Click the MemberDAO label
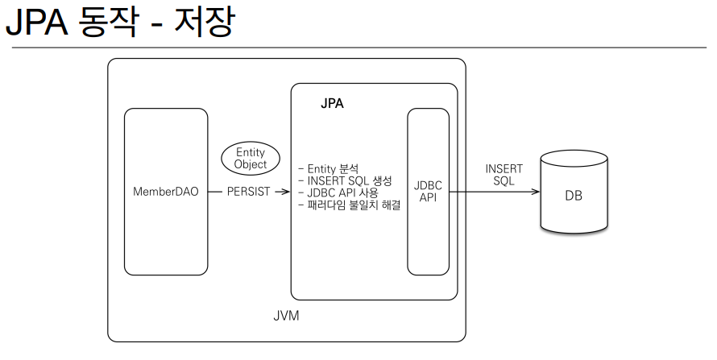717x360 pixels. click(165, 192)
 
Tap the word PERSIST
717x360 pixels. click(249, 192)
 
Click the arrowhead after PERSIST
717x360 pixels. click(286, 192)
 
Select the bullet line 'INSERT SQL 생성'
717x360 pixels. click(345, 181)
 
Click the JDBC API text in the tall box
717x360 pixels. click(428, 191)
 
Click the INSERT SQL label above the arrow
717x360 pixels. click(504, 175)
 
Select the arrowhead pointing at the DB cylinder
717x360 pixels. click(536, 192)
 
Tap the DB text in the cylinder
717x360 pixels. click(573, 196)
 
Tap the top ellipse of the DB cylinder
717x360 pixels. click(573, 159)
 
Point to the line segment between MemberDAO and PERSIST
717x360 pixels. click(215, 192)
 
